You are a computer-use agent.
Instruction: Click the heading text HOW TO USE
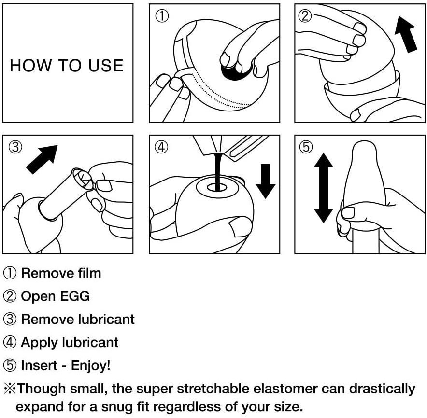pyautogui.click(x=67, y=66)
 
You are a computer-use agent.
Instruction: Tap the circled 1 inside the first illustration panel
pyautogui.click(x=161, y=16)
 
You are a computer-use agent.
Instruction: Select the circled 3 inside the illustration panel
pyautogui.click(x=15, y=147)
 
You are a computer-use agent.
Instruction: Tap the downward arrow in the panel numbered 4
pyautogui.click(x=265, y=181)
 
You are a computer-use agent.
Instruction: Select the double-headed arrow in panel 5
pyautogui.click(x=323, y=188)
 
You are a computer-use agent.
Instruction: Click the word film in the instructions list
pyautogui.click(x=89, y=273)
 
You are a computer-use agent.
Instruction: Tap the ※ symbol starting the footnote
pyautogui.click(x=10, y=389)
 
